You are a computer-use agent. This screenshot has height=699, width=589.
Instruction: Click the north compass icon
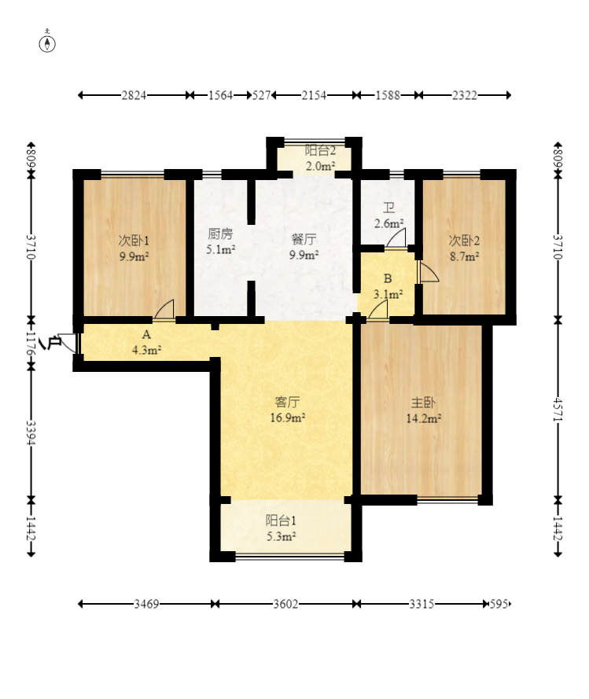click(x=47, y=43)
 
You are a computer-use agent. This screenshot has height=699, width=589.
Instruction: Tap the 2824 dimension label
click(x=134, y=95)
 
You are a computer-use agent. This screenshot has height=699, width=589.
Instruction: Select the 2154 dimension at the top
click(x=314, y=95)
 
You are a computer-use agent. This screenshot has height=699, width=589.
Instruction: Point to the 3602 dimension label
click(x=285, y=604)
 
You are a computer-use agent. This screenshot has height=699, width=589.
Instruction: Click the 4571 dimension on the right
click(x=558, y=409)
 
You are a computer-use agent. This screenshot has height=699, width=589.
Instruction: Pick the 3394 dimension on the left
click(x=31, y=432)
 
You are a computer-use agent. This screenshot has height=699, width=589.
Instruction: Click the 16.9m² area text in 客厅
click(x=288, y=418)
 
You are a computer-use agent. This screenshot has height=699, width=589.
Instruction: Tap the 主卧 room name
click(x=423, y=403)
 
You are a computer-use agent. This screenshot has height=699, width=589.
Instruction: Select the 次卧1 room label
click(x=134, y=241)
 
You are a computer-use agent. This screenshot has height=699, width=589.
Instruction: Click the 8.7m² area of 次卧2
click(x=464, y=256)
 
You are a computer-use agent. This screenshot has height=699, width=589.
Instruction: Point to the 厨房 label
click(x=220, y=234)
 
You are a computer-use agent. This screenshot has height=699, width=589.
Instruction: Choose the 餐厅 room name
click(x=304, y=239)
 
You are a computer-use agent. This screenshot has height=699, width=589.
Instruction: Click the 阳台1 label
click(x=281, y=521)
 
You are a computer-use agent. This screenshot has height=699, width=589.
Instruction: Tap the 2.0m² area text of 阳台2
click(x=320, y=166)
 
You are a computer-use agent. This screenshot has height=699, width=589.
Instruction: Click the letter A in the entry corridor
click(x=146, y=334)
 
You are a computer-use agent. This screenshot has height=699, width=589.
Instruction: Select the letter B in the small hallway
click(x=388, y=278)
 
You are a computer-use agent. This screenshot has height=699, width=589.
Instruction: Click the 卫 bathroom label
click(x=388, y=208)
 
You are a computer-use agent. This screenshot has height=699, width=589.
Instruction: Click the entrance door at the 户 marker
click(x=68, y=342)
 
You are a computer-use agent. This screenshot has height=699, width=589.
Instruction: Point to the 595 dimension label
click(x=498, y=604)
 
